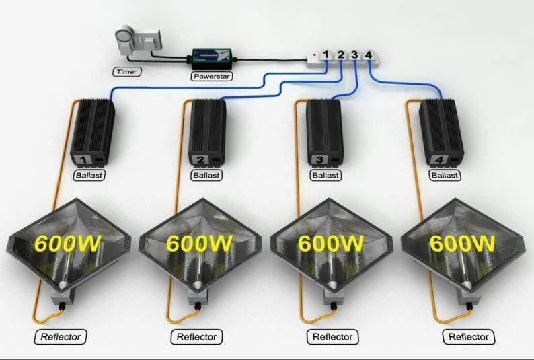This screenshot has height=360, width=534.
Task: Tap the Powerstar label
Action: click(x=211, y=76)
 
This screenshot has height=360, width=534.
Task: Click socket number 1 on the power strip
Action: click(x=326, y=55)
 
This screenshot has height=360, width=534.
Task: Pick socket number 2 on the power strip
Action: click(x=341, y=55)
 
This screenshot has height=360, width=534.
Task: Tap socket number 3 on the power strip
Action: click(x=355, y=55)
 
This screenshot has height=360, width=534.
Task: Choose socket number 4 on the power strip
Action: click(x=368, y=55)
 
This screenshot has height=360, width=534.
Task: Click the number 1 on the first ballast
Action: click(x=84, y=159)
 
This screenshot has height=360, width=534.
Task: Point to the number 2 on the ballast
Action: click(x=200, y=159)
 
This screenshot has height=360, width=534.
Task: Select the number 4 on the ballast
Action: click(x=439, y=159)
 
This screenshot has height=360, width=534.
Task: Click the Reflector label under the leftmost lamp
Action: click(x=61, y=336)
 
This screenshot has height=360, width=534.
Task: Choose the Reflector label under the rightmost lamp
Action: click(x=469, y=336)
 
